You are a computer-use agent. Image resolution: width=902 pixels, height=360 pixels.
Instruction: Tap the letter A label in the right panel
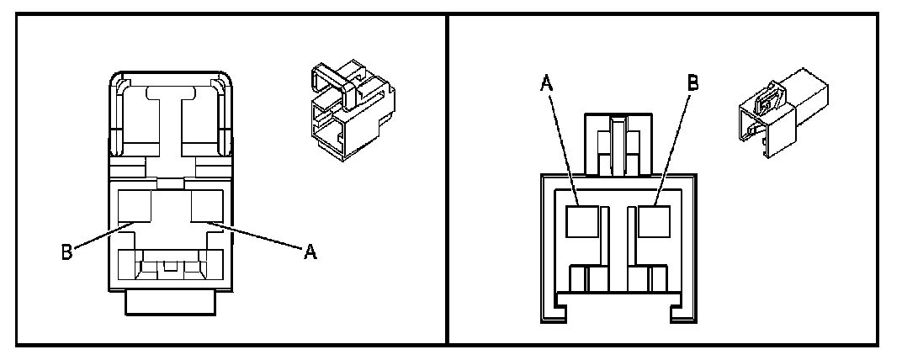pyautogui.click(x=546, y=83)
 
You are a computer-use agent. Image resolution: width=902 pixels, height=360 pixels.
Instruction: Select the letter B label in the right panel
pyautogui.click(x=692, y=83)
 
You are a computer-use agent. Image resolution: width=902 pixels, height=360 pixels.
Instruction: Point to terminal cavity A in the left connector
pyautogui.click(x=205, y=206)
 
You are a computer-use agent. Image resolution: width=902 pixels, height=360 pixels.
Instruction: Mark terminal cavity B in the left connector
pyautogui.click(x=133, y=206)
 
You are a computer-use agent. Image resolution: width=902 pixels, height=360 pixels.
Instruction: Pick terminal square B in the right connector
pyautogui.click(x=652, y=221)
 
